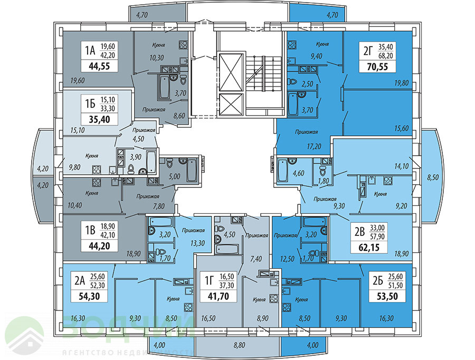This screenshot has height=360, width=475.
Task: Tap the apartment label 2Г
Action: pos(368,51)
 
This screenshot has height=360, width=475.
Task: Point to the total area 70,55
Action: pos(378,67)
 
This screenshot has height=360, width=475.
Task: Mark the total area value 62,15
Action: pos(370,245)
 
